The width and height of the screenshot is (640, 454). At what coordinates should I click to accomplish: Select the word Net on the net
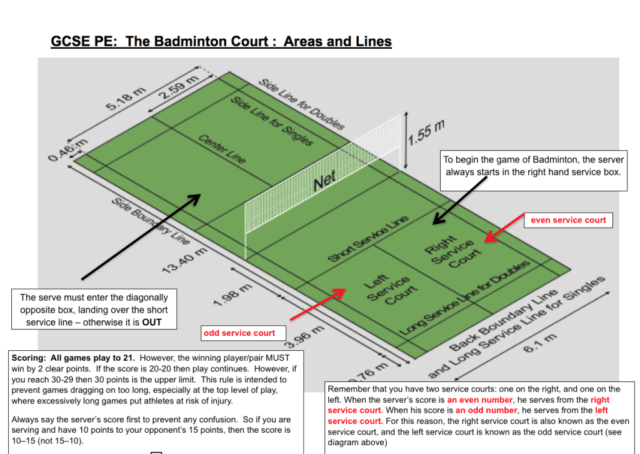(x=325, y=181)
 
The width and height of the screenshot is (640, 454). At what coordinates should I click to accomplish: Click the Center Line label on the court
(x=222, y=149)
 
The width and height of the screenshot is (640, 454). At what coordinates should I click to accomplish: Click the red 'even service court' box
(x=568, y=220)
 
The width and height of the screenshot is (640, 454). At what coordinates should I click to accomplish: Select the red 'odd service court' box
(x=239, y=333)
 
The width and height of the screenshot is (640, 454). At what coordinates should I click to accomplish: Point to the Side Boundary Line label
(x=150, y=222)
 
